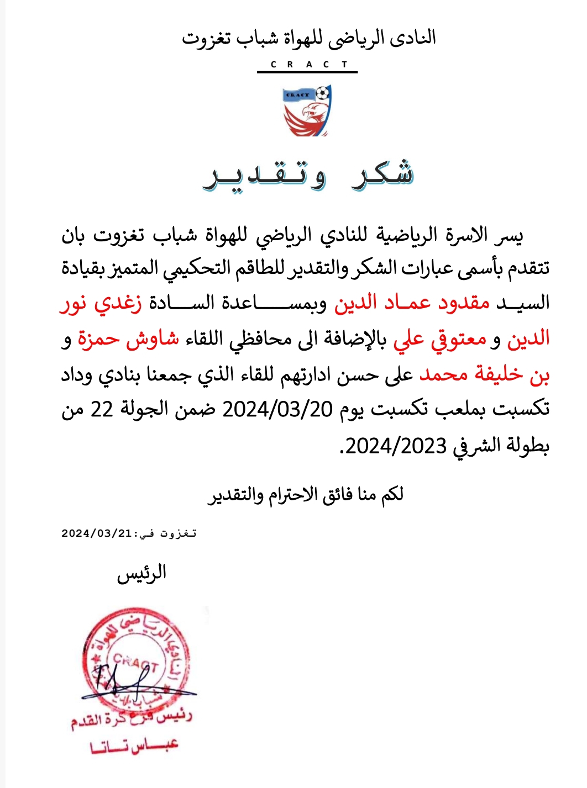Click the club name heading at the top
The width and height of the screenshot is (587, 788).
click(308, 39)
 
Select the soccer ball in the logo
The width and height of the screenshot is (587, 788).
click(322, 92)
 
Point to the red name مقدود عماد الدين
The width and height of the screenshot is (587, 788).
click(412, 303)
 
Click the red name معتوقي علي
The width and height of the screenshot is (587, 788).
click(439, 339)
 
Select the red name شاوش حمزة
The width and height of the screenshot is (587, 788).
click(128, 339)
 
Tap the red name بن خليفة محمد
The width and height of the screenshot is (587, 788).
click(484, 374)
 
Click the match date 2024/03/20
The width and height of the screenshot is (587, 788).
click(277, 409)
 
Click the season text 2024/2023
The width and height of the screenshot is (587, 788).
click(396, 445)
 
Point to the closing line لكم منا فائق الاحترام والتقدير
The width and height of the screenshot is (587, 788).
click(306, 494)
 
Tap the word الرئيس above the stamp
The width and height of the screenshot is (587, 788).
click(141, 573)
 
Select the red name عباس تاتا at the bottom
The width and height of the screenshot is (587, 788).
click(134, 746)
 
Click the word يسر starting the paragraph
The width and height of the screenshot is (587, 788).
click(508, 236)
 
